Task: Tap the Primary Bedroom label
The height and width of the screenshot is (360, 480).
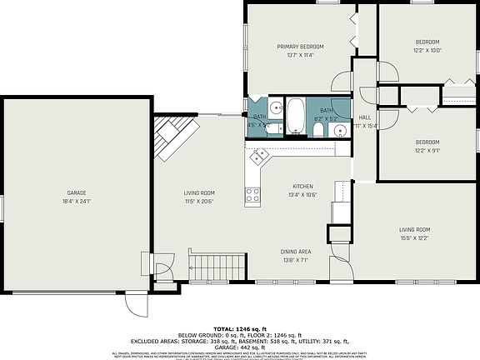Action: coord(300,46)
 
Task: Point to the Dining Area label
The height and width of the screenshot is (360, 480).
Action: coord(295,251)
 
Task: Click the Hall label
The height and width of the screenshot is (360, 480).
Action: coord(364,117)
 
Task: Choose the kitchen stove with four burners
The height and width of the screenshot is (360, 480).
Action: coord(252,197)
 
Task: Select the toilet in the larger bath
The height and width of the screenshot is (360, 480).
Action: coord(317,129)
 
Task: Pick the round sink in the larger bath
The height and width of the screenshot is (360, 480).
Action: coord(341,130)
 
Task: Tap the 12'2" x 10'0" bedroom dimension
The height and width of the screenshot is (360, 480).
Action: coord(427,50)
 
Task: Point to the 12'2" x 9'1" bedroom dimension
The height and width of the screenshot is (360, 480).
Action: coord(427,150)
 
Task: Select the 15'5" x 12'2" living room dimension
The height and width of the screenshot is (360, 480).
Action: coord(414,237)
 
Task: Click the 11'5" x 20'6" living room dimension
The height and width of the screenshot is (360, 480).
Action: coord(200,202)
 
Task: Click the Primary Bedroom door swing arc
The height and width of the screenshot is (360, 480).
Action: coord(342,82)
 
